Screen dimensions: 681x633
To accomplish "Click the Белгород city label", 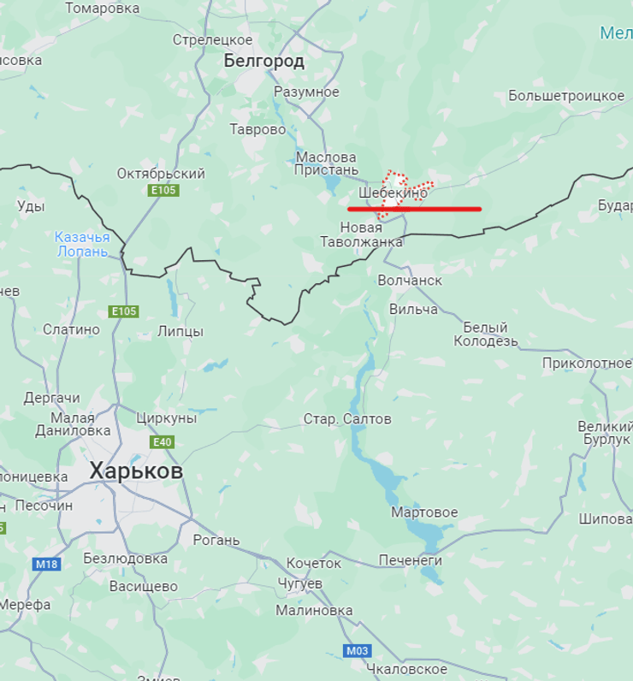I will point(264,61).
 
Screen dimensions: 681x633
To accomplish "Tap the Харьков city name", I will point(136,471).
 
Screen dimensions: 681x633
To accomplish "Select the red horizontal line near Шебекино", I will point(414,209).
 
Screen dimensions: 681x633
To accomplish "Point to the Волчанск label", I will point(410,281).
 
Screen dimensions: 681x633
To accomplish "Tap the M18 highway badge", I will point(46,564).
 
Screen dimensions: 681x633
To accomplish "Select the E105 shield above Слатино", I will point(123,311).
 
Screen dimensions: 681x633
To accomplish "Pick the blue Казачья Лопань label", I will point(82,244).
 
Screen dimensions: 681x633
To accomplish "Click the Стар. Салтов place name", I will point(347,419).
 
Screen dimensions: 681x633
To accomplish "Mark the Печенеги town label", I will point(411,560).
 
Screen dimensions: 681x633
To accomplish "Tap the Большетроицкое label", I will point(566,96).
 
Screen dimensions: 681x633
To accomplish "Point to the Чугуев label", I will point(300,583).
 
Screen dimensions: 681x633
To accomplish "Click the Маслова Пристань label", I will point(327,163).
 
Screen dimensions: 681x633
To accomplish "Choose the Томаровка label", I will point(102,9).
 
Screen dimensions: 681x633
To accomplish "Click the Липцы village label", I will point(180,331).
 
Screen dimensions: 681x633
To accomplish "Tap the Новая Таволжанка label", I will point(361,234).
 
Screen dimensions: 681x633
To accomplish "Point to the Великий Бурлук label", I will point(604,433).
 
